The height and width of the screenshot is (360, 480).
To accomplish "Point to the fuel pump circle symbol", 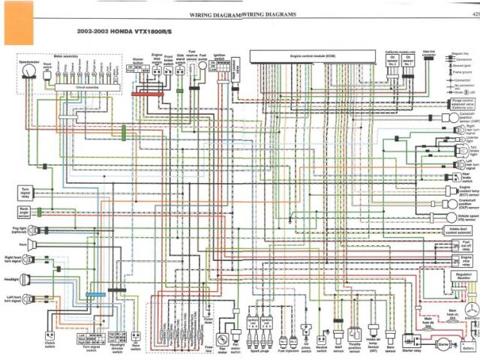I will [x=202, y=66].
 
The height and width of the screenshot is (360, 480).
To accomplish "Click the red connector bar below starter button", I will [x=142, y=94].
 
